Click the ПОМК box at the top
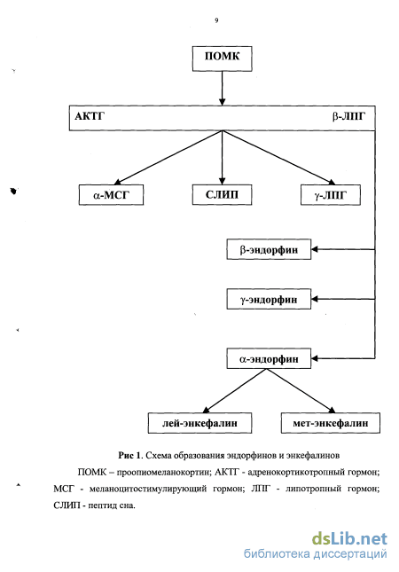tap(223, 59)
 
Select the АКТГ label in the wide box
tap(90, 116)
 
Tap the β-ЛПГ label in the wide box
tap(348, 116)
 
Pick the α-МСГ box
tap(111, 195)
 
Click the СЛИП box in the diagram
tap(223, 195)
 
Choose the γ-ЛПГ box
tap(331, 195)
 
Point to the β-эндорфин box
tap(269, 249)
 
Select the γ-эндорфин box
tap(269, 299)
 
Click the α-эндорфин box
tap(269, 358)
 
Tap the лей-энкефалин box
tap(199, 423)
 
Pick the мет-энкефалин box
tap(331, 423)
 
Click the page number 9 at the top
tap(216, 20)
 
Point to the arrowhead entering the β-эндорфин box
tap(315, 249)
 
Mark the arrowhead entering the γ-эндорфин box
tap(315, 299)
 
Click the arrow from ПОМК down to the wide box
tap(223, 89)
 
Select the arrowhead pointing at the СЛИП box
tap(223, 181)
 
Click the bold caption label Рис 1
tap(129, 455)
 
